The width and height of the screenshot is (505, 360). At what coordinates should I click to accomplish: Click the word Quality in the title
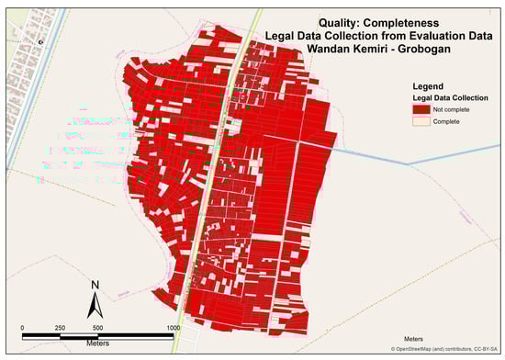coord(333,22)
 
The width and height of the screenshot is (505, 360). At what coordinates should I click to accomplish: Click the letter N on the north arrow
coord(94,286)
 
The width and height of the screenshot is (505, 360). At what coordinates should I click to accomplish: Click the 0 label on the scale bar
coord(22,328)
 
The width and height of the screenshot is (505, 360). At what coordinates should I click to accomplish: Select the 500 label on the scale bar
coord(97,328)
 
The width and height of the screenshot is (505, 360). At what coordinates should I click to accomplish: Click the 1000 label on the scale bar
coord(172,328)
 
